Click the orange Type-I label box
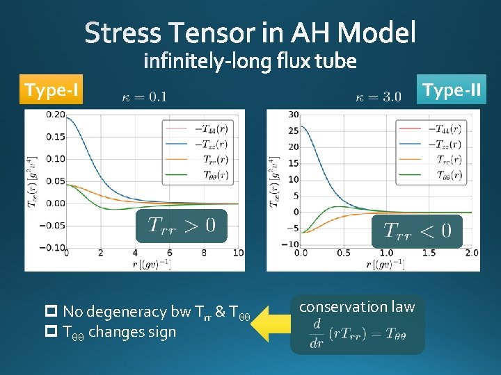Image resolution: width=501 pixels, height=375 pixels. tap(51, 90)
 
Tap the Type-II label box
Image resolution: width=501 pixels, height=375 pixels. tap(452, 90)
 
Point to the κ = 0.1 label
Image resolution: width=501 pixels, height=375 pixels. tap(143, 97)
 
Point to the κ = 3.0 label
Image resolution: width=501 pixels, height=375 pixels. tap(378, 97)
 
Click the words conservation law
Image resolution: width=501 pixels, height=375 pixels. tap(357, 306)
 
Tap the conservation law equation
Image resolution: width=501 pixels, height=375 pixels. tap(357, 333)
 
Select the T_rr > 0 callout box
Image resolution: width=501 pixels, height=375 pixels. tap(181, 225)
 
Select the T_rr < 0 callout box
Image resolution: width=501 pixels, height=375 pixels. tap(417, 231)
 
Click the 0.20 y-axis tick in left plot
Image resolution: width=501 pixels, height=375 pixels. tap(56, 115)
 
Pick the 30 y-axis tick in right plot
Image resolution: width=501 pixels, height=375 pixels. tap(294, 115)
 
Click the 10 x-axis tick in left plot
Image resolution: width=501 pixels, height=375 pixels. tap(238, 253)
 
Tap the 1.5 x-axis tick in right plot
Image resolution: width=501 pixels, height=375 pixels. tap(429, 253)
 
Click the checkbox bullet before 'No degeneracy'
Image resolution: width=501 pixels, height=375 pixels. tap(53, 311)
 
